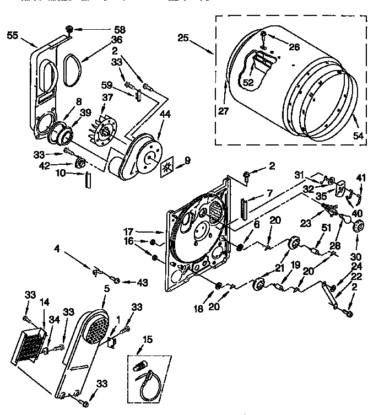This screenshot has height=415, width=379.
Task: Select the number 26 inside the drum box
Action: [x=294, y=47]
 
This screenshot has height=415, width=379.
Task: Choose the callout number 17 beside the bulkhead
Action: [x=144, y=231]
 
